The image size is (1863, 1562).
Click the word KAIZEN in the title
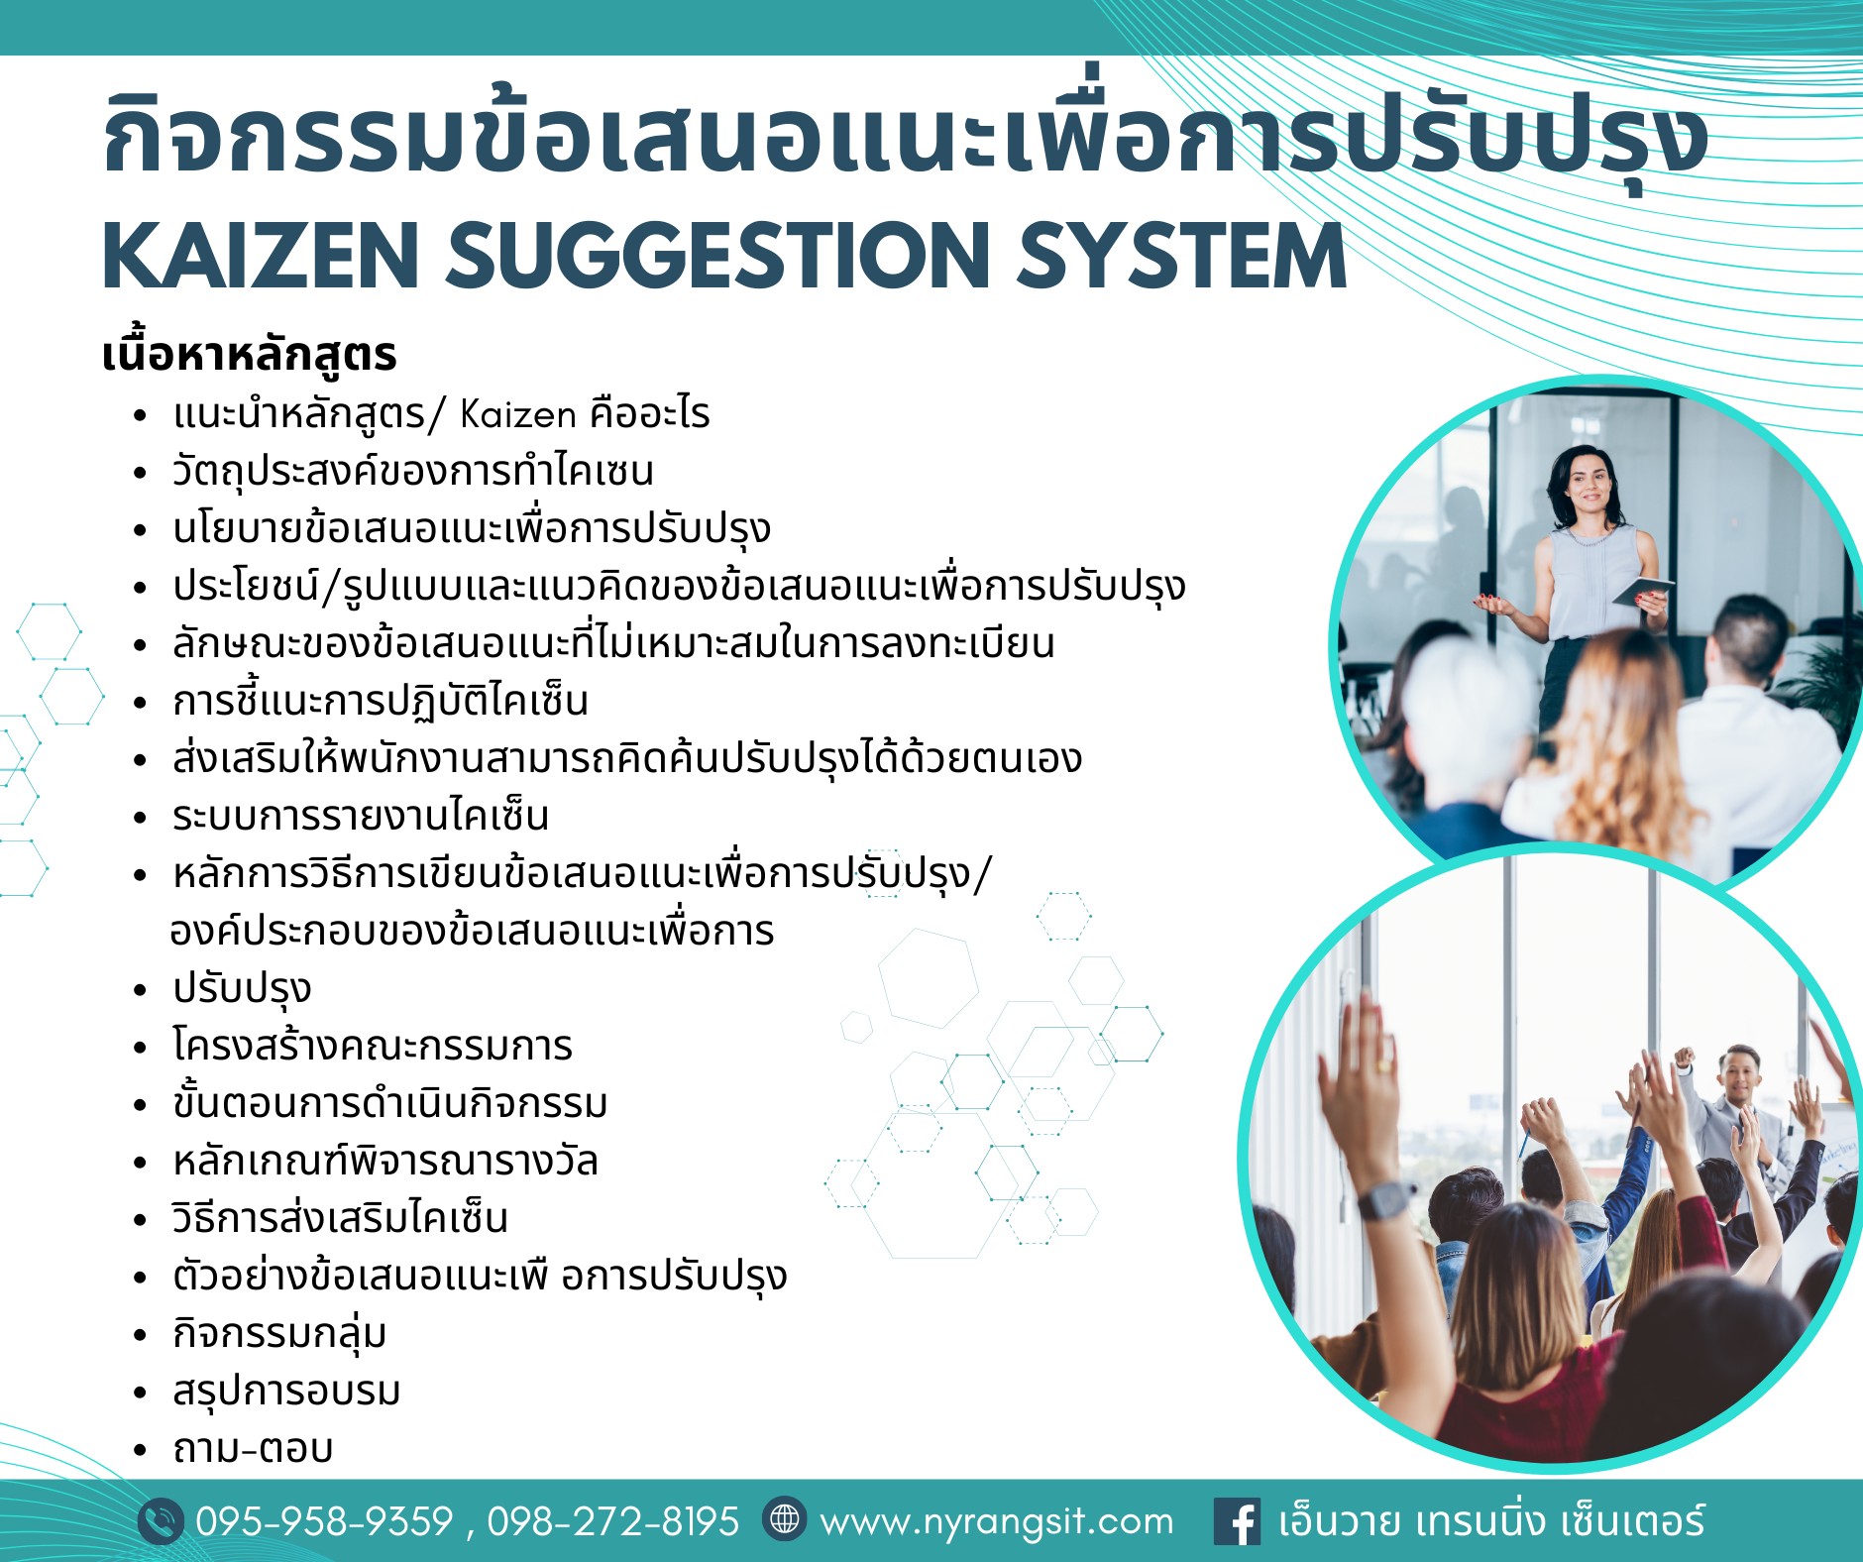click(x=259, y=255)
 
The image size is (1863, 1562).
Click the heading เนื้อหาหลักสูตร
click(x=250, y=355)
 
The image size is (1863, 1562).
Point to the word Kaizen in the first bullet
click(x=518, y=414)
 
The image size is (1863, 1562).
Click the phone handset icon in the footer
click(x=161, y=1521)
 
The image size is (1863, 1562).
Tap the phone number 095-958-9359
click(x=325, y=1521)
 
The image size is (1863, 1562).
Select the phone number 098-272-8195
click(x=613, y=1521)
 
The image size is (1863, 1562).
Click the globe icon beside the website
click(x=785, y=1519)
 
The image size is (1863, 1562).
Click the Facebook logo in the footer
click(x=1237, y=1521)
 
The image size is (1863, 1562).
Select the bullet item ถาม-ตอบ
click(x=253, y=1449)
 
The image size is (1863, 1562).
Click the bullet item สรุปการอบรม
click(x=286, y=1392)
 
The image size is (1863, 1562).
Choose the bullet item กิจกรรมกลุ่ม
click(x=279, y=1334)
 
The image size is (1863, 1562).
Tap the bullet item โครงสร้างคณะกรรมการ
click(x=373, y=1046)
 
